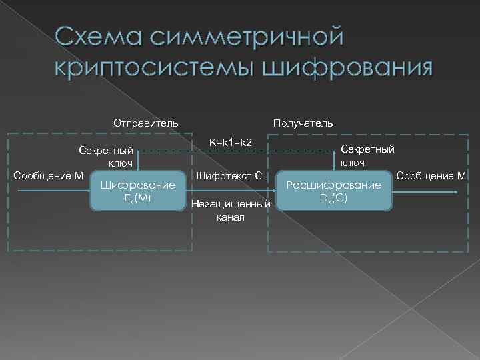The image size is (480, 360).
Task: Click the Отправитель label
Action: pos(145,123)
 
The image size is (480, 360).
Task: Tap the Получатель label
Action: pos(303,123)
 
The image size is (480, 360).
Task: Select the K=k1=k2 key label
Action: pos(230,143)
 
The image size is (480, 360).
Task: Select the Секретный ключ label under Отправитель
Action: pos(106,156)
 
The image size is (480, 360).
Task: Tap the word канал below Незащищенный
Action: pos(231,217)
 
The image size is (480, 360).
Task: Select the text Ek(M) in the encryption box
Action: pos(137,198)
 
